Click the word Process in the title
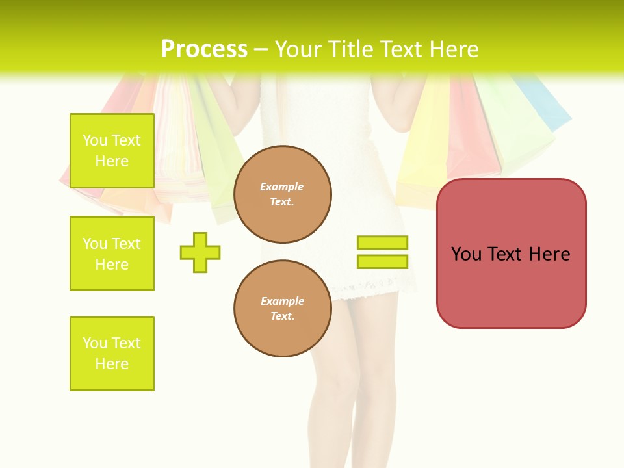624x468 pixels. point(204,49)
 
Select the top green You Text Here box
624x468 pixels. point(112,151)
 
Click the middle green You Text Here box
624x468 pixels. point(112,253)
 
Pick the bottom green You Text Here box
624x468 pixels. point(112,354)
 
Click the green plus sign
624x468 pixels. point(200,252)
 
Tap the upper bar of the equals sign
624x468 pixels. point(382,242)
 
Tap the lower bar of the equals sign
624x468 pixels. point(382,261)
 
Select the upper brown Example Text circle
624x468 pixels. point(282,194)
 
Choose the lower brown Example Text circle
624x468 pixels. point(282,309)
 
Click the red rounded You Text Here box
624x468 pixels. point(511,286)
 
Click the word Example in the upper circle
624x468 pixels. point(282,187)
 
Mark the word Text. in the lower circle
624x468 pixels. point(282,317)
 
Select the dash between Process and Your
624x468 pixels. point(261,50)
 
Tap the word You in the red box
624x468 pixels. point(466,254)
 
